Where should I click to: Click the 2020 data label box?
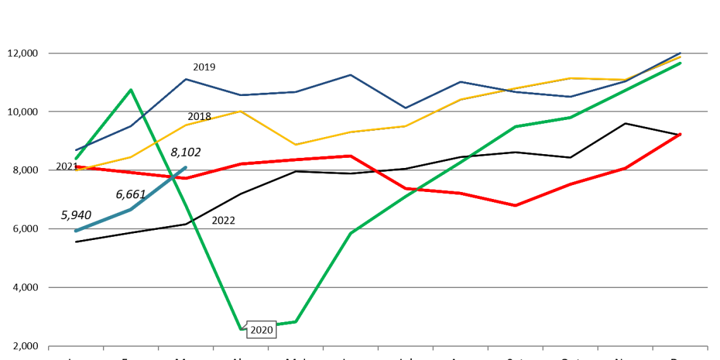click(x=261, y=330)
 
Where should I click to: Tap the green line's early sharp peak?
click(x=131, y=90)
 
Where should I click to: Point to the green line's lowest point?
click(x=241, y=328)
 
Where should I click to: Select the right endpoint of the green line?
click(x=680, y=63)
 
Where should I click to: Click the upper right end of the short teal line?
click(x=186, y=167)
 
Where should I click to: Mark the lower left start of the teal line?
click(x=76, y=231)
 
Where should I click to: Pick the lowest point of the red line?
click(x=515, y=205)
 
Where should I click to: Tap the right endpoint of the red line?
click(x=680, y=134)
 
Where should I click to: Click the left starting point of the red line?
click(x=76, y=167)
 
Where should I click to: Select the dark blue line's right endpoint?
click(x=680, y=53)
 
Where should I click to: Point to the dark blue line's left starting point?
click(x=76, y=150)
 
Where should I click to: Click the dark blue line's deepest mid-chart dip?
click(x=405, y=108)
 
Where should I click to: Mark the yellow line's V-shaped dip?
click(x=296, y=145)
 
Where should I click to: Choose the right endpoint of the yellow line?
click(x=680, y=57)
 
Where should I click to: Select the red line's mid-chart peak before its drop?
click(x=351, y=155)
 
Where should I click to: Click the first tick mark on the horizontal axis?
click(x=49, y=347)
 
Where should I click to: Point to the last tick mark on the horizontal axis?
click(x=707, y=347)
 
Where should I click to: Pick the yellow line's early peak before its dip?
click(x=241, y=111)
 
